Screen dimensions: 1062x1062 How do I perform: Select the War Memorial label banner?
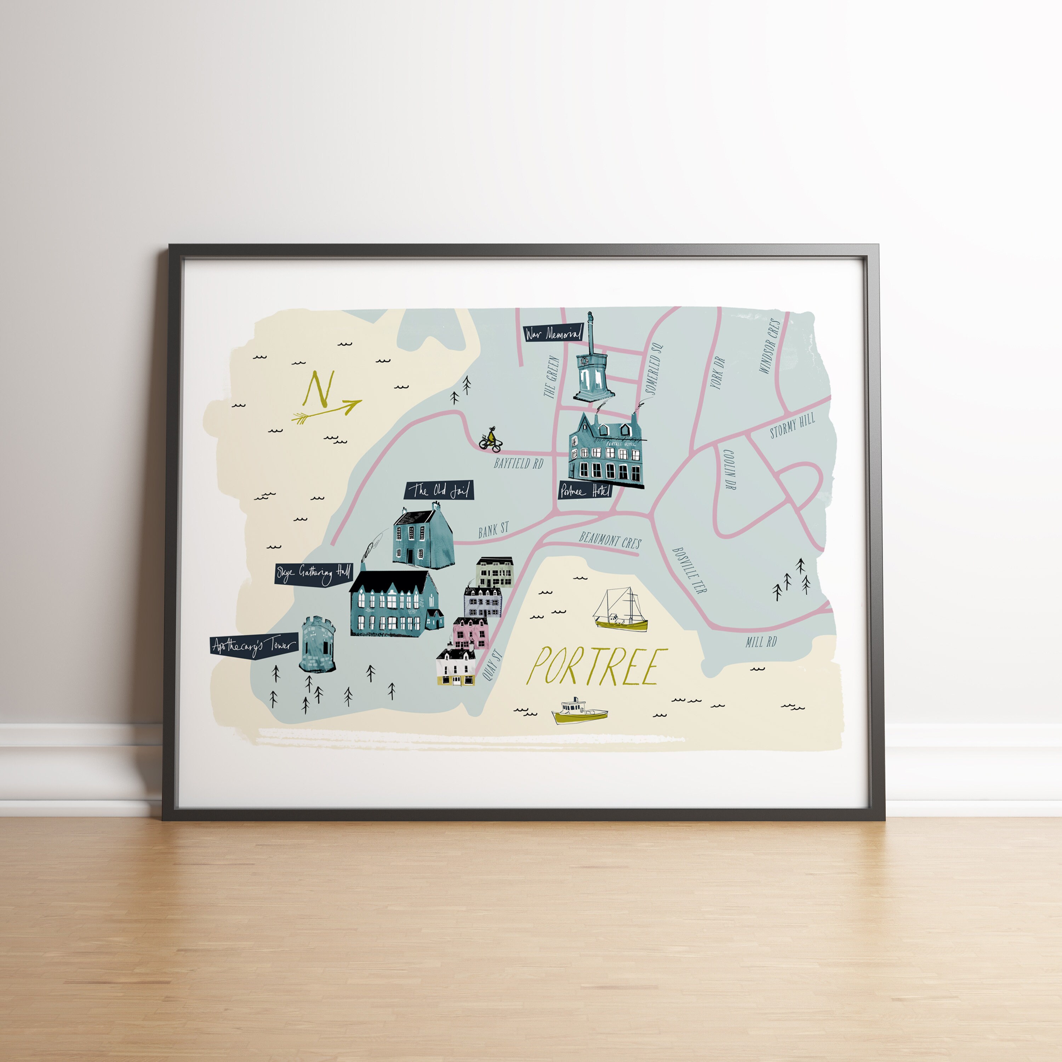click(553, 333)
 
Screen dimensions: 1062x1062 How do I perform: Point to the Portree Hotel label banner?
click(585, 490)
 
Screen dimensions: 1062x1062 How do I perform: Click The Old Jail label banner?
click(439, 490)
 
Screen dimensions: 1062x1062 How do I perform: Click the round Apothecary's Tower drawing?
click(317, 644)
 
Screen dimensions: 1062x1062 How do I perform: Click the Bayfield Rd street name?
click(518, 463)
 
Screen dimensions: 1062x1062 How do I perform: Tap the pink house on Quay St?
click(470, 632)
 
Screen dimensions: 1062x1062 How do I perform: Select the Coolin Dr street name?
click(730, 469)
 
